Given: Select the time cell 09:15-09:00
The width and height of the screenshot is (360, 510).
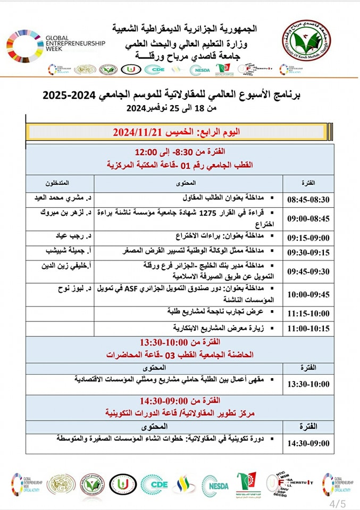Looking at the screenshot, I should (x=308, y=237).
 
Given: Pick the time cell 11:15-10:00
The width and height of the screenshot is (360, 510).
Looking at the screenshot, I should (x=308, y=313).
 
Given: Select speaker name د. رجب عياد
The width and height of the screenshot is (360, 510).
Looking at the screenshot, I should (x=72, y=235).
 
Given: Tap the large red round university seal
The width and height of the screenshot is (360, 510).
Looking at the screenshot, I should (x=306, y=41).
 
